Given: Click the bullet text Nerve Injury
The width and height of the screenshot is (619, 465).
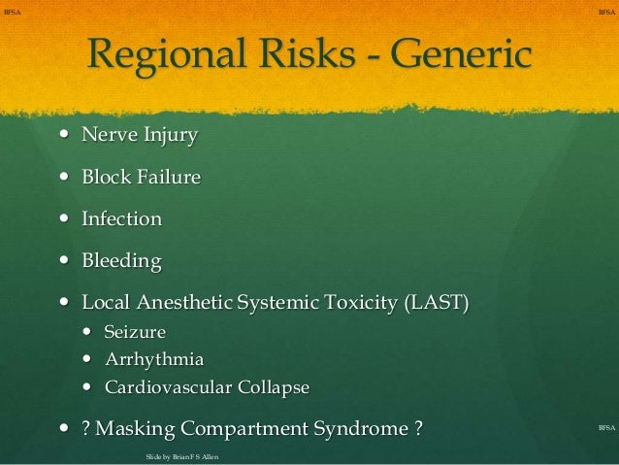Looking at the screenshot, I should point(140,135).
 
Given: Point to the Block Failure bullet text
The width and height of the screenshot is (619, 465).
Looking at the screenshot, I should point(141,178).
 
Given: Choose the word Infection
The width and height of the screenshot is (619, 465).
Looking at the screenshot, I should point(121,219).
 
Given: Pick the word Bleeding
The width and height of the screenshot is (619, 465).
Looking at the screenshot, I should point(121,262).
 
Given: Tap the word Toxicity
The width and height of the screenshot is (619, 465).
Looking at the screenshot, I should point(359,304).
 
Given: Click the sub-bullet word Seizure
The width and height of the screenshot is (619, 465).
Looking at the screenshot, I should point(135,332).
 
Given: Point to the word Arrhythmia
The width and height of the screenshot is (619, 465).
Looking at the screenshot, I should point(153,360).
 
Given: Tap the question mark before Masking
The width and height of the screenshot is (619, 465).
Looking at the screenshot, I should point(86,429).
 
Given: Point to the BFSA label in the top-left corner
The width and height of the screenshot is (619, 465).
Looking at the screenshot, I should point(13,11).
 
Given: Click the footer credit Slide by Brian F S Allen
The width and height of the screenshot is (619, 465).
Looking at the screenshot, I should point(182,455).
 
